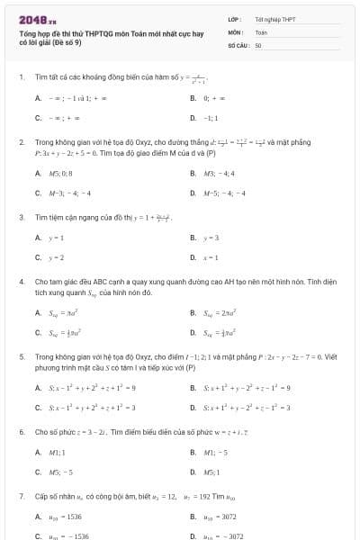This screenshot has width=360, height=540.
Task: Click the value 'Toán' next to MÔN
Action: pyautogui.click(x=261, y=31)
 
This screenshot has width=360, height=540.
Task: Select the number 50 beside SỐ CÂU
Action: pyautogui.click(x=258, y=44)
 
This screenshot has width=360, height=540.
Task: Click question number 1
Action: pyautogui.click(x=21, y=77)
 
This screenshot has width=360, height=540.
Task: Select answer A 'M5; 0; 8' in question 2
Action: pyautogui.click(x=59, y=174)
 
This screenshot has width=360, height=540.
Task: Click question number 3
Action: pyautogui.click(x=21, y=217)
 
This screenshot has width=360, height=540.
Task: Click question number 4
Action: pyautogui.click(x=21, y=282)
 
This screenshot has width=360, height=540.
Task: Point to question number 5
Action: pyautogui.click(x=21, y=356)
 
